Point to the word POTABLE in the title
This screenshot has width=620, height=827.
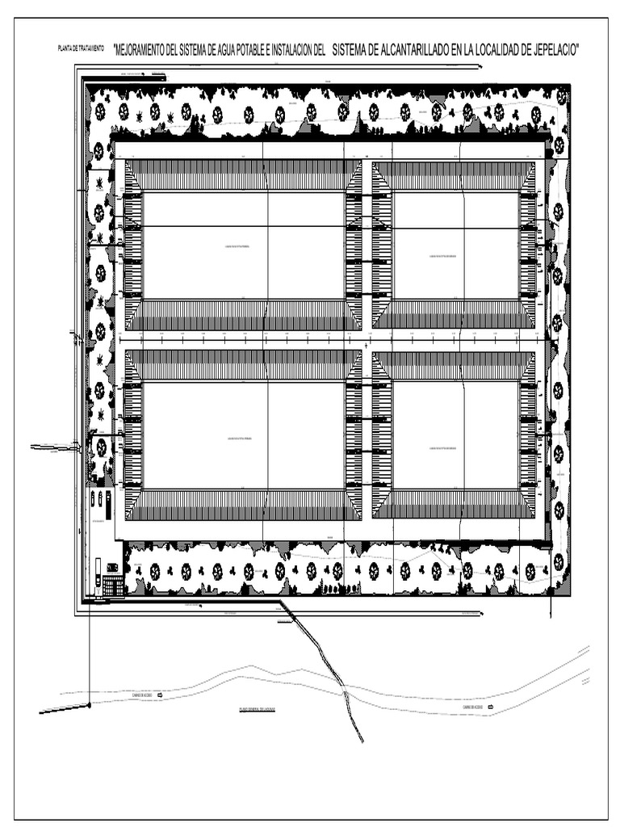258,50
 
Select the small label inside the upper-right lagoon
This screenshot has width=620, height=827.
445,258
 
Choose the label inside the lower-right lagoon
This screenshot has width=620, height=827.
445,444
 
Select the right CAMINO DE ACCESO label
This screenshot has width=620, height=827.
473,707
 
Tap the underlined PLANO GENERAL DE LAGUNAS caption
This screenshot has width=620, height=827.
258,709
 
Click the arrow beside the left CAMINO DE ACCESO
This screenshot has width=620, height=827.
159,695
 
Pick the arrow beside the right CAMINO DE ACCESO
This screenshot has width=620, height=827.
491,707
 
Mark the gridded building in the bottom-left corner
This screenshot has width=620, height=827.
113,586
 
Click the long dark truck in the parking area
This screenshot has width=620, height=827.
98,572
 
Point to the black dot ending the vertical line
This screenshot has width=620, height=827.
89,706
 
